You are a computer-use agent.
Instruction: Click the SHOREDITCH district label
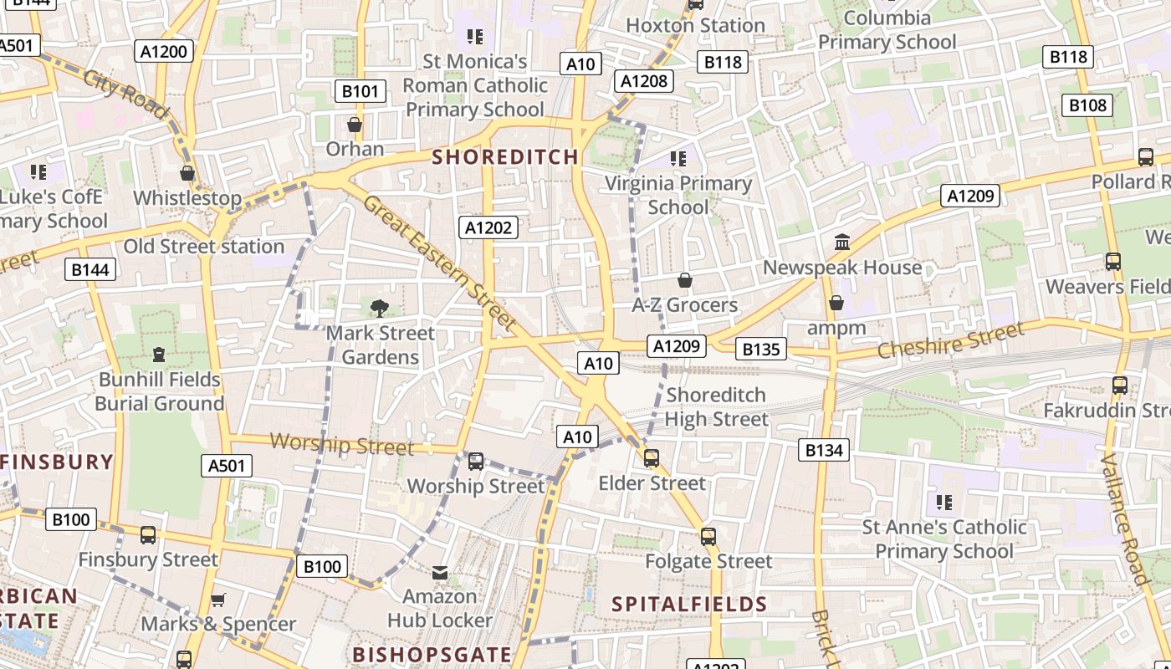(505, 156)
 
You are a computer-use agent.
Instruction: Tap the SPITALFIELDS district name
(689, 604)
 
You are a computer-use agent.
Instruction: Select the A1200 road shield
(164, 51)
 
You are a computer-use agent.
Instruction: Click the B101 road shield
(360, 91)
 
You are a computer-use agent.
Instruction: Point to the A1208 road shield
(645, 80)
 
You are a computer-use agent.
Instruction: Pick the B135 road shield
(760, 349)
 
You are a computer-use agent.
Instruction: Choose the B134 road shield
(824, 450)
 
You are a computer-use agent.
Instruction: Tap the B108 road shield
(1087, 105)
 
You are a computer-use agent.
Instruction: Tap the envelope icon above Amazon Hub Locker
(440, 573)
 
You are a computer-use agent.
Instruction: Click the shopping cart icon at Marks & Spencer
(218, 600)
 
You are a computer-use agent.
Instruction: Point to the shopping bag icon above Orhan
(355, 125)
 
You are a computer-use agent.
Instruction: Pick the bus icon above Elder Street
(652, 458)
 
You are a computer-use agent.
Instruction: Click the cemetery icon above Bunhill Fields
(159, 355)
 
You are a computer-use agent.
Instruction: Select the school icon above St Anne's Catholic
(944, 503)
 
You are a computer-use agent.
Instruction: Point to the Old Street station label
(204, 247)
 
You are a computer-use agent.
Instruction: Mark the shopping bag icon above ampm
(836, 303)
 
